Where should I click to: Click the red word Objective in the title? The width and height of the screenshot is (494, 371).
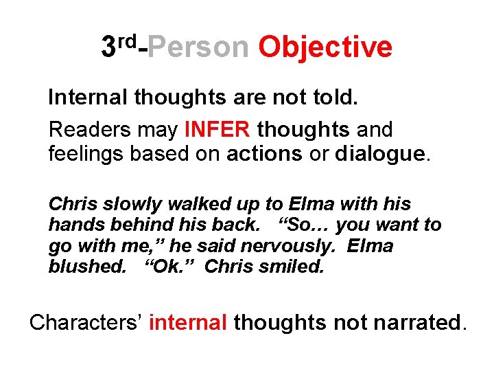(x=325, y=47)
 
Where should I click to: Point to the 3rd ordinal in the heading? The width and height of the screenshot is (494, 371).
(x=119, y=45)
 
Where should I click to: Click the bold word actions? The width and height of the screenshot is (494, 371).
(x=263, y=153)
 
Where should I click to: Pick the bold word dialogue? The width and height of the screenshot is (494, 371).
(x=380, y=153)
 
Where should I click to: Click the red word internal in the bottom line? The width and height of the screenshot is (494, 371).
(x=187, y=321)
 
